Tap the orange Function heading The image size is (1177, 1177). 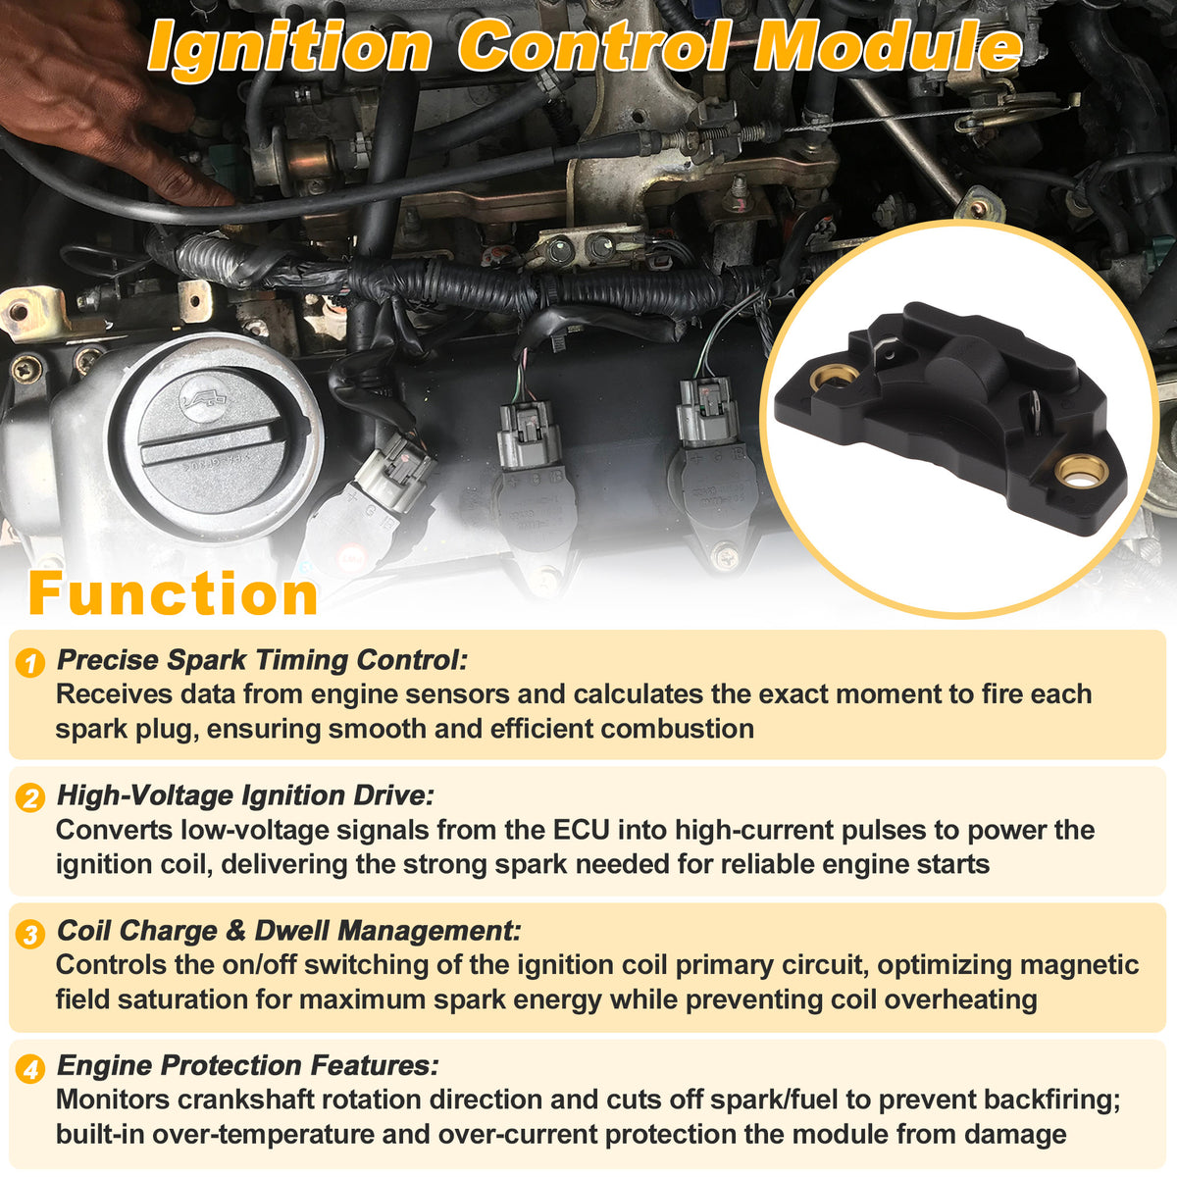(x=174, y=593)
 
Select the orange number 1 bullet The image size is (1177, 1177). (x=30, y=663)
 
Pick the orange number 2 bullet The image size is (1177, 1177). (x=30, y=797)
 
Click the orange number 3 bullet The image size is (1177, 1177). (x=30, y=934)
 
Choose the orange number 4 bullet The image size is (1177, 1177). (x=30, y=1069)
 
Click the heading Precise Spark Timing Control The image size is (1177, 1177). (x=262, y=660)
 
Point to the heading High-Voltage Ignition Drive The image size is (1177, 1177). (x=245, y=795)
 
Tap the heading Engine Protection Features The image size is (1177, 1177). (x=248, y=1065)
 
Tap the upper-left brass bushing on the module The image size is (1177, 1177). (x=825, y=379)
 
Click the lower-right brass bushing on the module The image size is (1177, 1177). (x=1082, y=472)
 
